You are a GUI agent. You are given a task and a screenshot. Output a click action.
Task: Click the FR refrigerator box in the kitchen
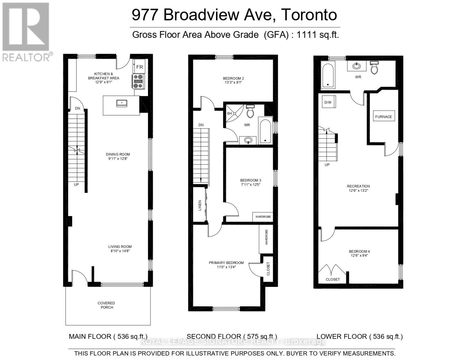140,67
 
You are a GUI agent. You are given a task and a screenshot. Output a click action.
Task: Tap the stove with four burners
138,81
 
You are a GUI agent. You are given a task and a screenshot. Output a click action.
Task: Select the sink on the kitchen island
122,103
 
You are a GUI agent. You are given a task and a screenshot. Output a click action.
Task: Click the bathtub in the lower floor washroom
328,74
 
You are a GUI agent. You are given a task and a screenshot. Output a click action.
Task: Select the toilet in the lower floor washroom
374,67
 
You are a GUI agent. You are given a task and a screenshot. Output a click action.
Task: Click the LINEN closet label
200,205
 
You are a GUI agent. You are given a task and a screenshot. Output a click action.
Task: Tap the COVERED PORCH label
106,305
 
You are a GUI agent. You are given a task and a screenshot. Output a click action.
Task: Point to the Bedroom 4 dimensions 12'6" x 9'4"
359,255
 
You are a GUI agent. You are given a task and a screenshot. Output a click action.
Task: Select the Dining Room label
118,154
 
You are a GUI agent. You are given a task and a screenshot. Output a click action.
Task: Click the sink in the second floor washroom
248,140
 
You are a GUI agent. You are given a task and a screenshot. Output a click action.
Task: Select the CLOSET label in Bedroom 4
332,279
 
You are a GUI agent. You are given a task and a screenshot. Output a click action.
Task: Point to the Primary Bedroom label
226,263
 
